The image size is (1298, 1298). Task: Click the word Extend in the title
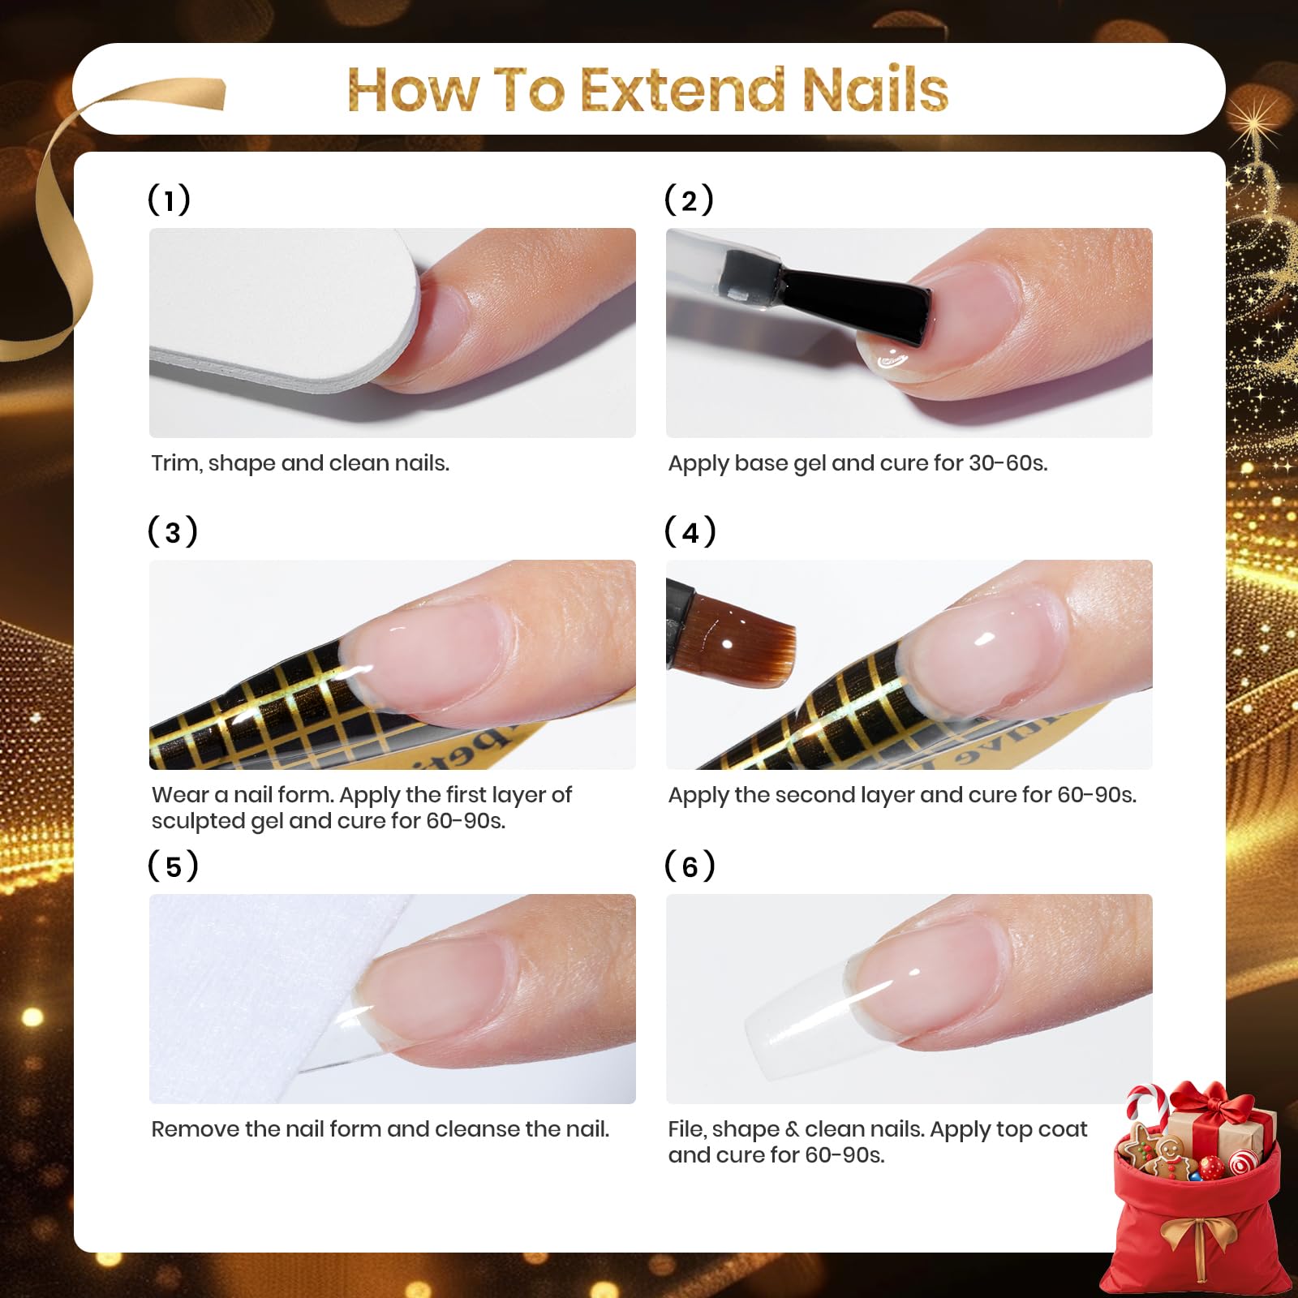pyautogui.click(x=684, y=89)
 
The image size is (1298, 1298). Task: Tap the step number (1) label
pyautogui.click(x=169, y=200)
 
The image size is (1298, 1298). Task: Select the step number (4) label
pyautogui.click(x=690, y=532)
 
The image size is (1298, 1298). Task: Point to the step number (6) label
pyautogui.click(x=690, y=866)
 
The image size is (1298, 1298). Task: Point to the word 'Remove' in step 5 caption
pyautogui.click(x=195, y=1128)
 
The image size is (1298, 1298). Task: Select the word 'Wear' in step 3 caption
pyautogui.click(x=180, y=794)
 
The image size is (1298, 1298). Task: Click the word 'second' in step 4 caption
pyautogui.click(x=812, y=794)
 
